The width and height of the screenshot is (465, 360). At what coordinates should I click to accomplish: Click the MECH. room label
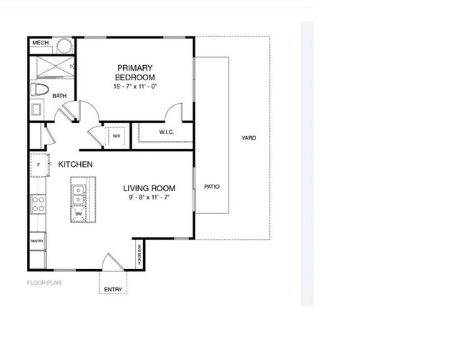click(x=40, y=44)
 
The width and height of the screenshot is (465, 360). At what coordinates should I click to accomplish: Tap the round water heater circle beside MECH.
click(x=64, y=46)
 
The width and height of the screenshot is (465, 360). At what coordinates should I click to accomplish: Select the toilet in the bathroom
click(x=39, y=90)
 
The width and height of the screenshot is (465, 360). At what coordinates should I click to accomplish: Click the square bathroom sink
click(x=36, y=110)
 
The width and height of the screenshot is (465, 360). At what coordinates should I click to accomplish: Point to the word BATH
click(x=59, y=95)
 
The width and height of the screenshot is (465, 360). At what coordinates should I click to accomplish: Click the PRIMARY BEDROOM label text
click(x=134, y=72)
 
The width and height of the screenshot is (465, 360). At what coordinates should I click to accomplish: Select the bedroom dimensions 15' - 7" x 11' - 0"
click(x=134, y=86)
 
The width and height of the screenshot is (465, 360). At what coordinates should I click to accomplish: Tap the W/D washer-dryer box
click(x=117, y=135)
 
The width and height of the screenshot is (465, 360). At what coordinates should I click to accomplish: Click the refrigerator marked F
click(x=39, y=165)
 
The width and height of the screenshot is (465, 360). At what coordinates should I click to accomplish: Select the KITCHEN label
click(x=75, y=165)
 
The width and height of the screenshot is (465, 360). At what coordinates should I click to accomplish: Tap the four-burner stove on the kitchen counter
click(x=38, y=205)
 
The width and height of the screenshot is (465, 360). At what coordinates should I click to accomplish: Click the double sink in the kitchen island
click(x=79, y=193)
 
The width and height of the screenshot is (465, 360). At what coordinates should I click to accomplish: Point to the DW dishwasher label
click(x=79, y=214)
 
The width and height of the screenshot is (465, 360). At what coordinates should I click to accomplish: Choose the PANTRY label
click(x=38, y=241)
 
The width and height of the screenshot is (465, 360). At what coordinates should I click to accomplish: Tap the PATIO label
click(x=212, y=187)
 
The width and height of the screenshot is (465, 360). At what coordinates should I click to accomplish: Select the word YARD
click(x=249, y=138)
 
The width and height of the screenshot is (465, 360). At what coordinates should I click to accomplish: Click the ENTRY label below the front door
click(x=113, y=289)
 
